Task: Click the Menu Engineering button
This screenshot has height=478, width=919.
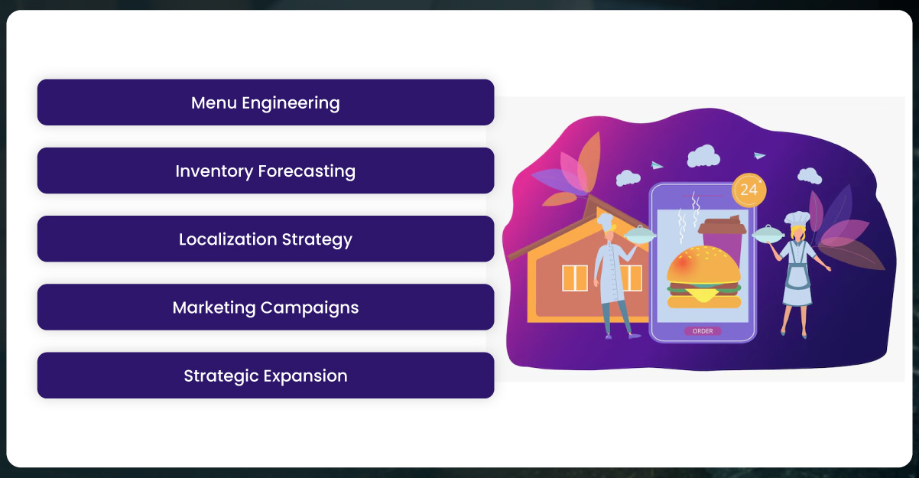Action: tap(265, 102)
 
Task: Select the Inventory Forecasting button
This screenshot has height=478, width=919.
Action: tap(265, 171)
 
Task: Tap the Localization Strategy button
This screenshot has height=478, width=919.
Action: tap(265, 239)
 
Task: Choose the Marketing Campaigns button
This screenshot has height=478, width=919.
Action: tap(265, 307)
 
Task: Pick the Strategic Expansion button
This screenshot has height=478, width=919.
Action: tap(265, 376)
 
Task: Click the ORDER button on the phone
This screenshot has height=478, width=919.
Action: tap(703, 331)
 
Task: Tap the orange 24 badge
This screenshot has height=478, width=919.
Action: tap(749, 190)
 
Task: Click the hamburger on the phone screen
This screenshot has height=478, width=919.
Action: tap(704, 277)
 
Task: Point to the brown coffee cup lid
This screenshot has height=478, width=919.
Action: tap(722, 226)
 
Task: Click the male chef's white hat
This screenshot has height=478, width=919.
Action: tap(605, 222)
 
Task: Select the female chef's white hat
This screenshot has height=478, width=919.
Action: tap(797, 218)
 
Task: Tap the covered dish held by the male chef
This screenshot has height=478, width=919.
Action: tap(640, 235)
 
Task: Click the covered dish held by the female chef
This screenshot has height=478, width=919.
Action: tap(768, 233)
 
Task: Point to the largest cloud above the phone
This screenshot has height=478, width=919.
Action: tap(703, 156)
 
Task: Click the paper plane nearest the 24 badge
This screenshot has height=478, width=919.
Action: tap(759, 155)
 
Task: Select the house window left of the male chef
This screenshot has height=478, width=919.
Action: tap(575, 278)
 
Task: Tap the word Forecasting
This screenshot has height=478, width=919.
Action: tap(307, 171)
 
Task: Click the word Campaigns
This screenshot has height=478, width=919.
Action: tap(310, 307)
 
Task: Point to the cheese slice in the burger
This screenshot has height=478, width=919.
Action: tap(704, 294)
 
